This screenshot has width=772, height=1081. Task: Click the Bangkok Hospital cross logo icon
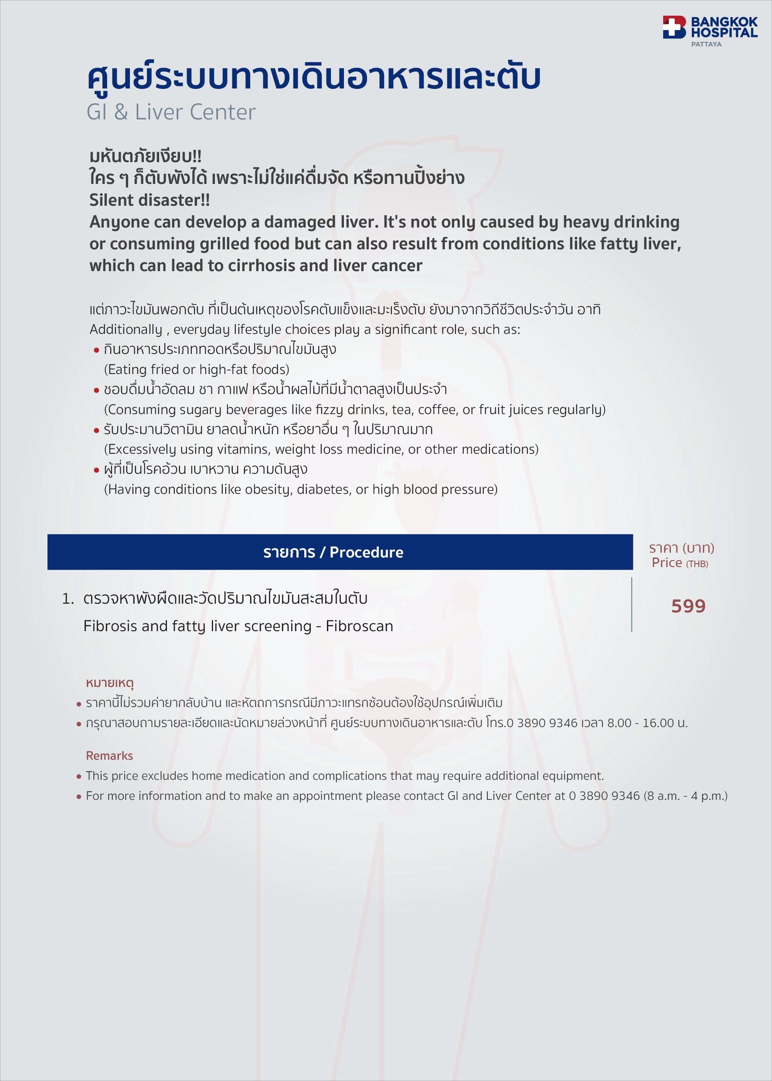coord(674,27)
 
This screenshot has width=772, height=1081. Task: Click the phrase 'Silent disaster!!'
coord(149,200)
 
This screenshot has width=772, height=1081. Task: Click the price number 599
coord(688,606)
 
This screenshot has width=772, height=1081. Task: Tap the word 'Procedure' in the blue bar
coord(366,552)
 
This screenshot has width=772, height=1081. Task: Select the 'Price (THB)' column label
coord(679,563)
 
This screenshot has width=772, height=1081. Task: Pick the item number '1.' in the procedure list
coord(68,598)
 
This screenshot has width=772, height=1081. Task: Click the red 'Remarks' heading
coord(109,756)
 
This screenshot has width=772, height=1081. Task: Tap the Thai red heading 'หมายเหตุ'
coord(110,683)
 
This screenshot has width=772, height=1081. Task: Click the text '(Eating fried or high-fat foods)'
coord(196,369)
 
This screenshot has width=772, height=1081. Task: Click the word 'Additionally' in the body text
coord(126,330)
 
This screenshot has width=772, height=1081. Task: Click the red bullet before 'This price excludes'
coord(79,777)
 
